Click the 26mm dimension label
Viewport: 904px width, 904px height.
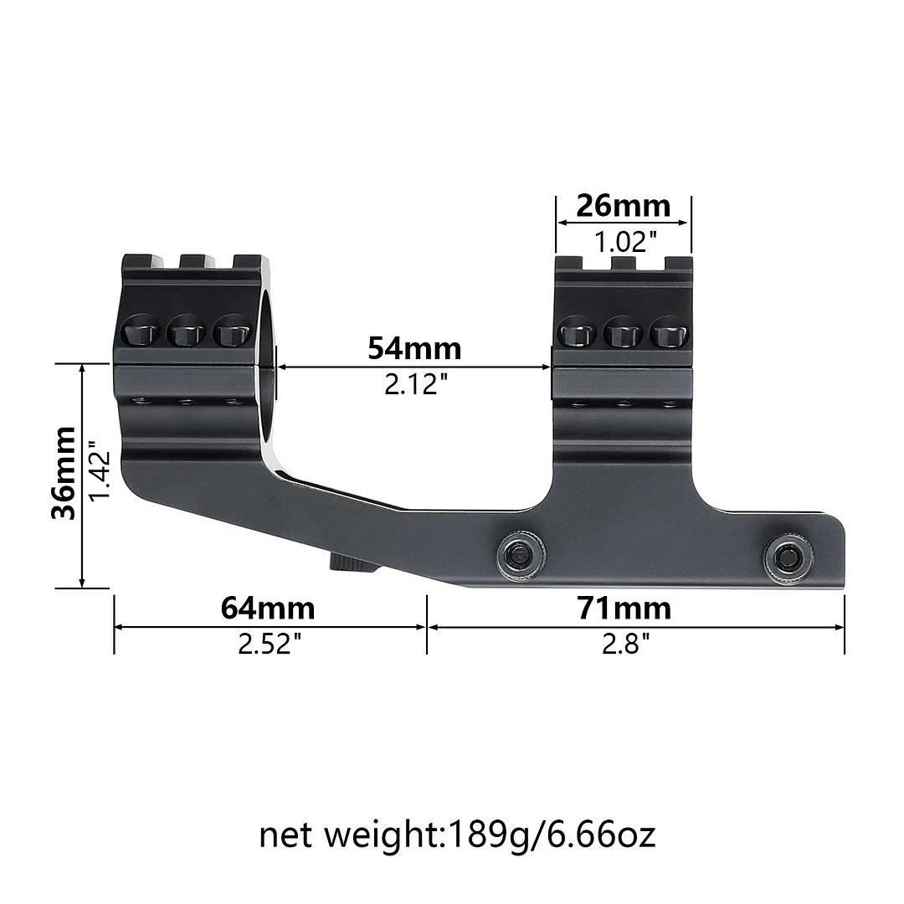[624, 205]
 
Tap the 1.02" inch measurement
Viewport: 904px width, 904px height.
[624, 243]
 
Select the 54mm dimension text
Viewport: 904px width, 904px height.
[414, 347]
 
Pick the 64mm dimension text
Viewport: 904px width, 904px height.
[268, 608]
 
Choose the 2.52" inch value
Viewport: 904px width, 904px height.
[269, 645]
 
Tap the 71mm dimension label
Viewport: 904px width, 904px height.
[624, 608]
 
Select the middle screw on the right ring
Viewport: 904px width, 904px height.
[622, 333]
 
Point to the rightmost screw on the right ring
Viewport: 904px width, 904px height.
[667, 333]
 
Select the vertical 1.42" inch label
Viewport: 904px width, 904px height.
[100, 473]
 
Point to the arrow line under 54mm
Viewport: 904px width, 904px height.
[414, 367]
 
